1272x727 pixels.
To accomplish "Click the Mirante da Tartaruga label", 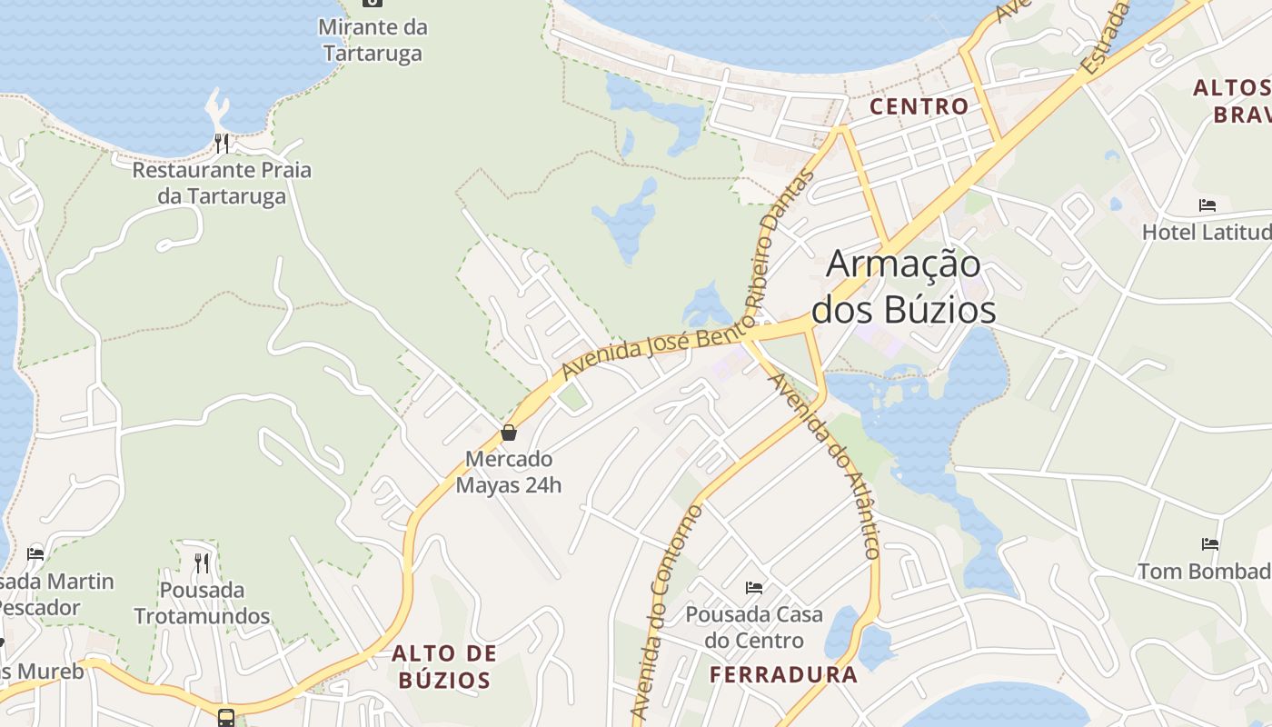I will click(373, 40).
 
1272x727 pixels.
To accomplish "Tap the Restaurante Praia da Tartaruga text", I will click(222, 183).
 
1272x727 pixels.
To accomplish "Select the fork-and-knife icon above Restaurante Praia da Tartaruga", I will click(222, 143).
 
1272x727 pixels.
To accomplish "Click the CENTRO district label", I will click(919, 106).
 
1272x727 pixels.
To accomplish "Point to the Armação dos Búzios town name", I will click(903, 286).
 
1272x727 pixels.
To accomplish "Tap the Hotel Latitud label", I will click(1206, 232).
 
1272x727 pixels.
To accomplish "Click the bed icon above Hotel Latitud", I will click(1207, 205).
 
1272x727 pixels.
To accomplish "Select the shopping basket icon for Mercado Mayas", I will click(509, 433).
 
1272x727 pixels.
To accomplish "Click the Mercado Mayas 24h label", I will click(509, 472).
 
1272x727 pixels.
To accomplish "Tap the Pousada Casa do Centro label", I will click(754, 627).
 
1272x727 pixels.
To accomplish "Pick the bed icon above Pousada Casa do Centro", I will click(754, 587).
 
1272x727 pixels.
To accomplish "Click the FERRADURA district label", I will click(783, 674).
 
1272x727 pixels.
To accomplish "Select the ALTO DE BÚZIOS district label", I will click(445, 666).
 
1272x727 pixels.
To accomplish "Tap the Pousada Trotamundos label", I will click(202, 603).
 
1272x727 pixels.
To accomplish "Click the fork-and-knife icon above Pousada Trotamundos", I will click(202, 563).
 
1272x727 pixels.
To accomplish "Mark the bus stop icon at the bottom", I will click(226, 718).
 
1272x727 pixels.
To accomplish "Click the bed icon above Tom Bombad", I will click(1210, 544).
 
